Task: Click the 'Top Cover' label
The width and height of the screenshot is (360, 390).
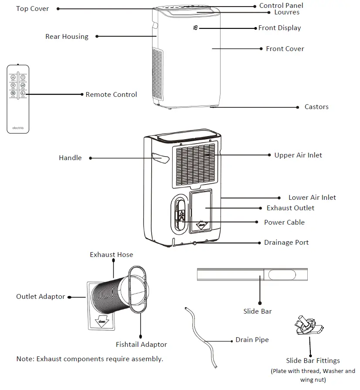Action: pos(32,9)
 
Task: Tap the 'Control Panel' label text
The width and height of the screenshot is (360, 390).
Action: pos(281,6)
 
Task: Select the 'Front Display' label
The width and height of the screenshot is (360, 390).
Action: pos(279,28)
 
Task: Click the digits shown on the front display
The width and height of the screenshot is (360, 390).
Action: pos(195,28)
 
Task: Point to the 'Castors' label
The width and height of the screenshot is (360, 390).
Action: pos(316,107)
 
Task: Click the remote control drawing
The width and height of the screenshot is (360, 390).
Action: pos(18,99)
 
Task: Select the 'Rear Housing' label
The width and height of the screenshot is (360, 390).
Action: pos(67,37)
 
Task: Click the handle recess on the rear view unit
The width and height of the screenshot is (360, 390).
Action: pos(160,158)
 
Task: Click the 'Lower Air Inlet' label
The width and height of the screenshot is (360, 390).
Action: pos(312,198)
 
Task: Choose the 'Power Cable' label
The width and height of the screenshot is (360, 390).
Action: pos(284,222)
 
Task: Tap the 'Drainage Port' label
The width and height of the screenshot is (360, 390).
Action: pos(286,243)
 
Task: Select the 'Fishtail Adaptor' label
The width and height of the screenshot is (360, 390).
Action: pos(141,345)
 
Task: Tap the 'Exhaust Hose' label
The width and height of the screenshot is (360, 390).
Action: pos(112,255)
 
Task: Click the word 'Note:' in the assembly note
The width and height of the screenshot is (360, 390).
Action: pos(25,359)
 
